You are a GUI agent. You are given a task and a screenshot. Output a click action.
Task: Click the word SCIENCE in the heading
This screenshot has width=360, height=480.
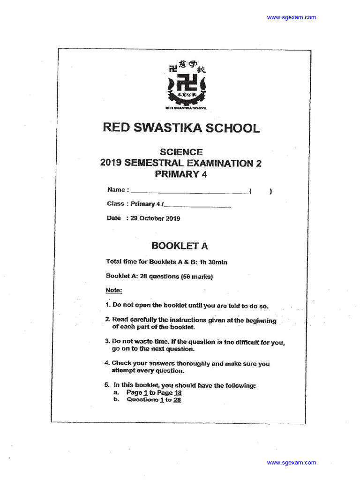(x=181, y=152)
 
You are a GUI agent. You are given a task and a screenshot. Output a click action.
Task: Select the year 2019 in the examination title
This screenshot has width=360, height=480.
(x=111, y=163)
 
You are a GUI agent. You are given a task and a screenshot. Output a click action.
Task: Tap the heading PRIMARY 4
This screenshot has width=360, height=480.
(x=181, y=174)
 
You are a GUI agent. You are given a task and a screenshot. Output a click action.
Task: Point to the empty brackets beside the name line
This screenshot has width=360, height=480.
(x=261, y=191)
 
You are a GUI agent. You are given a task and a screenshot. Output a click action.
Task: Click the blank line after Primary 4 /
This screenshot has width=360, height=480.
(x=197, y=205)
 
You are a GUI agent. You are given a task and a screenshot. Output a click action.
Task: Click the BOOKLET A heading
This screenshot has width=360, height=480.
(x=180, y=246)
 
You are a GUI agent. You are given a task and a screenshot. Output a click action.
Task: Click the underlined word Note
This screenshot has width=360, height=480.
(x=113, y=290)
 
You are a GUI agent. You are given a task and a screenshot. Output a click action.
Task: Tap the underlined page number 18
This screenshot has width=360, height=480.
(x=178, y=393)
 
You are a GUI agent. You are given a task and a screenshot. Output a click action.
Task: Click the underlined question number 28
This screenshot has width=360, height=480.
(x=177, y=400)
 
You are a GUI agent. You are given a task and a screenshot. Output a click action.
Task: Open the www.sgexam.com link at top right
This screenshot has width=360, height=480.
(x=291, y=17)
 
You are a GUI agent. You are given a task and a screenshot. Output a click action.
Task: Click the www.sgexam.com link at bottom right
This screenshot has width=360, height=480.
(x=291, y=462)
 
